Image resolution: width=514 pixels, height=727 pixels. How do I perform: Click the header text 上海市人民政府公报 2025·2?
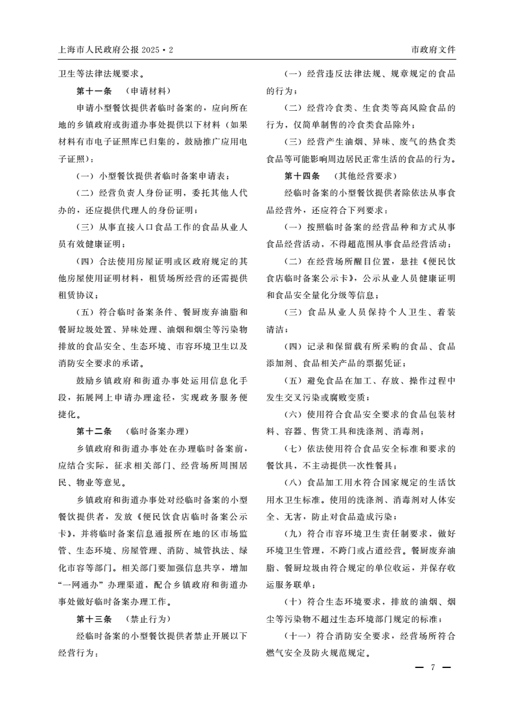(116, 49)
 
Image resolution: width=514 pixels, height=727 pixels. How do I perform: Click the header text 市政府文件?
(433, 49)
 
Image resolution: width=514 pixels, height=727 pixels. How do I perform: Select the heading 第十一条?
(94, 91)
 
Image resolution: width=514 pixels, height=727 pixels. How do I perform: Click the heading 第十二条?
(94, 432)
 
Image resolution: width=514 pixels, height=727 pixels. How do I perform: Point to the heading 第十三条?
(94, 618)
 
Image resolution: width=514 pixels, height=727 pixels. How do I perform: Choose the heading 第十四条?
(303, 176)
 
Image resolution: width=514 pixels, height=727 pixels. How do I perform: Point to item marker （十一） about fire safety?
(298, 636)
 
